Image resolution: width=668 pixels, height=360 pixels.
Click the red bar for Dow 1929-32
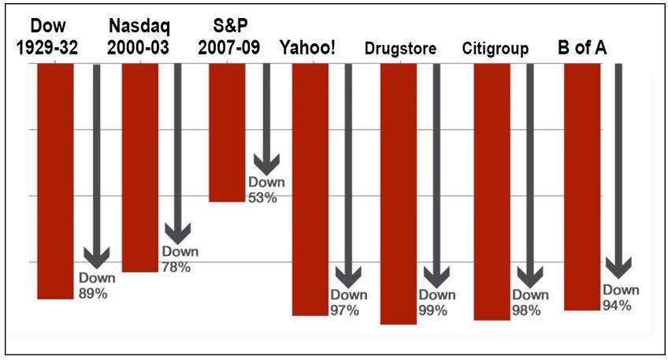(x=55, y=180)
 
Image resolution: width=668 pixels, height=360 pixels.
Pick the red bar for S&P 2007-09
(x=227, y=132)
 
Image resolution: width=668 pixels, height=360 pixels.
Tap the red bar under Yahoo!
(x=310, y=189)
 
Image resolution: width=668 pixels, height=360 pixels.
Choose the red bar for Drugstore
(x=398, y=193)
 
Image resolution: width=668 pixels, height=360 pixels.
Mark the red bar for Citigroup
(x=492, y=191)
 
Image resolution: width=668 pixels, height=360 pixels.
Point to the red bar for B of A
(x=582, y=187)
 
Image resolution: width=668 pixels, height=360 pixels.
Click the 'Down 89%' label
(x=97, y=286)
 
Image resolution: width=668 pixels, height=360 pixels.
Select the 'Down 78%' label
(x=180, y=259)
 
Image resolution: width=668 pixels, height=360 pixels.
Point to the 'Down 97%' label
(x=348, y=302)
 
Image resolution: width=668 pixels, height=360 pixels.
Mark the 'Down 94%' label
(x=621, y=298)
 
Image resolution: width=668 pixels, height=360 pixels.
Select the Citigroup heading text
(x=495, y=49)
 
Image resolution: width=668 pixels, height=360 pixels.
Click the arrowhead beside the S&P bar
(x=266, y=164)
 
